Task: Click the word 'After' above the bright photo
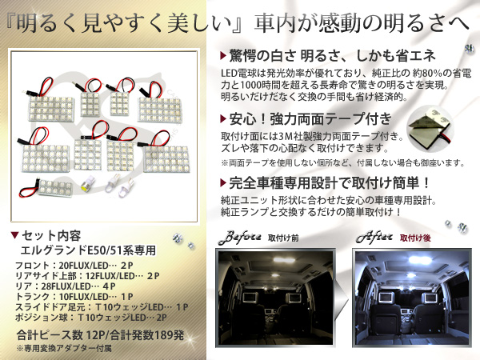(367, 238)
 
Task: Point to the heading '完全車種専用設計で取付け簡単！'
(323, 180)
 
